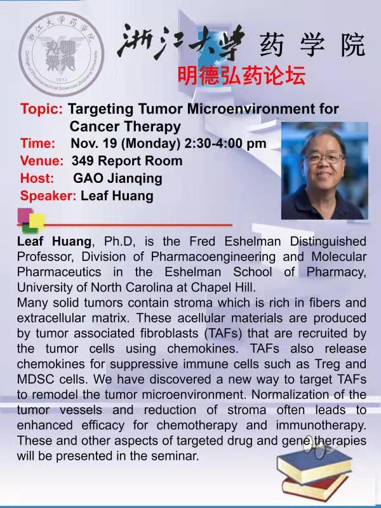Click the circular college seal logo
(x=62, y=54)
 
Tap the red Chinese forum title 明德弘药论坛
(x=241, y=76)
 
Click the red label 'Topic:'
(x=41, y=109)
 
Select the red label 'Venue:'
(x=42, y=161)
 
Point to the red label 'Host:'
(x=37, y=178)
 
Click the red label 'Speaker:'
(x=48, y=196)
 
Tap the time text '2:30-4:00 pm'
(x=225, y=144)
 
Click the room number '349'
(x=83, y=161)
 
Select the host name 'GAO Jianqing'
(x=117, y=178)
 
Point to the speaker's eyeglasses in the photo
(x=324, y=157)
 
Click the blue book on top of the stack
(x=314, y=464)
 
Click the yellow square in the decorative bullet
(x=37, y=221)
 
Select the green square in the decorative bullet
(x=30, y=229)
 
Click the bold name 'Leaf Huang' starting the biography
(x=54, y=241)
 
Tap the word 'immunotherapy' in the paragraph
(x=321, y=425)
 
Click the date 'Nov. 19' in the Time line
(x=94, y=144)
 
